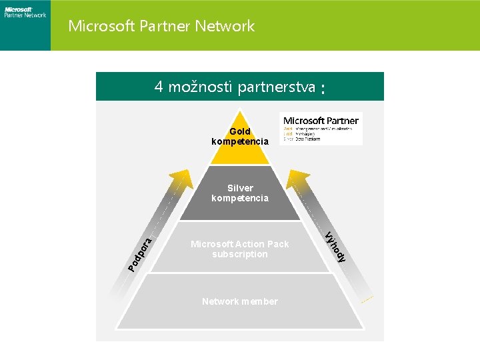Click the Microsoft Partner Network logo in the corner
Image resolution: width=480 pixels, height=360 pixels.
point(25,11)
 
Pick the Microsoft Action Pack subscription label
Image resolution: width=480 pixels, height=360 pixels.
point(240,249)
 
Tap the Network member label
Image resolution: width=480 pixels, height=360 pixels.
point(240,301)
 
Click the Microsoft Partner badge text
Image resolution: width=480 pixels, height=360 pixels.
point(321,121)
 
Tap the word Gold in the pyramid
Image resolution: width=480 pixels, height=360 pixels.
point(240,132)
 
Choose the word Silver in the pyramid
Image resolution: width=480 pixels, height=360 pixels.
point(240,188)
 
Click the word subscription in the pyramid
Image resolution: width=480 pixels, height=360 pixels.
point(240,254)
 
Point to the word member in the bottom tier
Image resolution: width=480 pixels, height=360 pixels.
point(260,301)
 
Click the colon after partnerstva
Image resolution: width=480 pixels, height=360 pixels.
point(323,89)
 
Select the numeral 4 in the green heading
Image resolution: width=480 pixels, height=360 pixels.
point(159,87)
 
